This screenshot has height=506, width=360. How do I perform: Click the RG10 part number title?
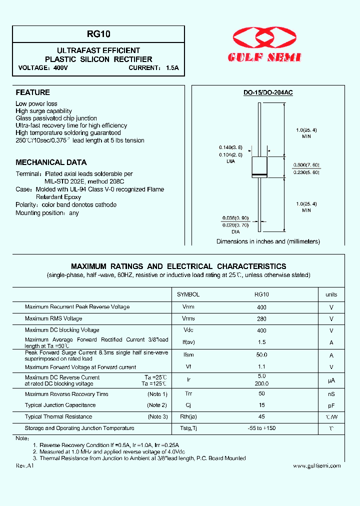pos(98,34)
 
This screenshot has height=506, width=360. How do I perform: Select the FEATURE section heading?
pos(33,92)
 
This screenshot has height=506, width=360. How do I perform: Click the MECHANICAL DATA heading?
pos(51,162)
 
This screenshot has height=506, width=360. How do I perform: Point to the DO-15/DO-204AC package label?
pos(268,93)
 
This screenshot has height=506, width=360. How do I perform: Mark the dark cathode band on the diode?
pos(259,174)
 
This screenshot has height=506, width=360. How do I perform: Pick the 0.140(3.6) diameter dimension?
pos(230,147)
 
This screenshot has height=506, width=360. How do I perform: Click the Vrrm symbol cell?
pos(188,307)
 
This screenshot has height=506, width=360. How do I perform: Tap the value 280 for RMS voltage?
pos(261,319)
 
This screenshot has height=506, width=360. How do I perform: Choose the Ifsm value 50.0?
pos(261,354)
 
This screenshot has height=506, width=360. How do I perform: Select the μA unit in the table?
pos(331,380)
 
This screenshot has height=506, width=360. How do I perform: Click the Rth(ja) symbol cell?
pos(188,417)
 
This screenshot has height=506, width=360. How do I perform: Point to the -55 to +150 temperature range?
pos(261,428)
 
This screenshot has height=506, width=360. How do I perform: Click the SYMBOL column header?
pos(188,294)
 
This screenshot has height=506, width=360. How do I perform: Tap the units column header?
pos(331,294)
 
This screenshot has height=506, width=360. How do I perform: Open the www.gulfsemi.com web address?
pos(316,466)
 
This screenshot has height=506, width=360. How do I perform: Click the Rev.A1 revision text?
pos(24,465)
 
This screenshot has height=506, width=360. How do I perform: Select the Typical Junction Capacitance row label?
pos(60,405)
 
